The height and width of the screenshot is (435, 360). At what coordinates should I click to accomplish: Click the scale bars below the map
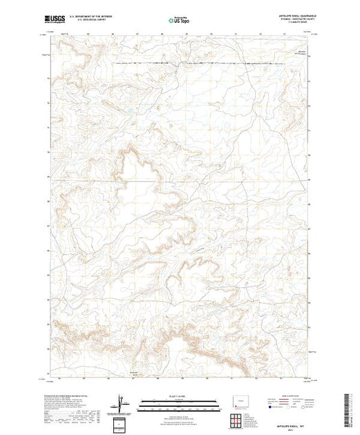pos(179,401)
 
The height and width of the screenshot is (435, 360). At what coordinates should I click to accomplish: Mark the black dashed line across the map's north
pos(207,63)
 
